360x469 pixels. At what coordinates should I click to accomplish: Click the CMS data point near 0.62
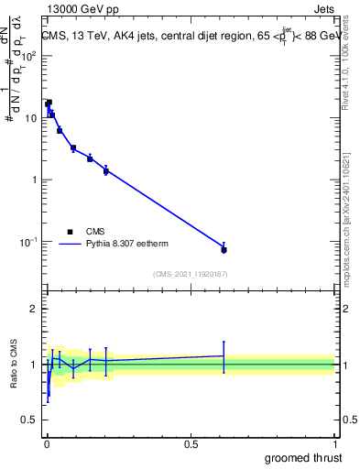click(x=224, y=249)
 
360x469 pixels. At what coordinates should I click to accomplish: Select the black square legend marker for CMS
click(x=69, y=232)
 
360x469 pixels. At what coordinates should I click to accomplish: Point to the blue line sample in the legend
click(x=70, y=245)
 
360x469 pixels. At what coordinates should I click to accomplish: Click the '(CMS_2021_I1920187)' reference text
click(x=191, y=274)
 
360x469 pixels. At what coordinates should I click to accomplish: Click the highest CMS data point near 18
click(x=49, y=103)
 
